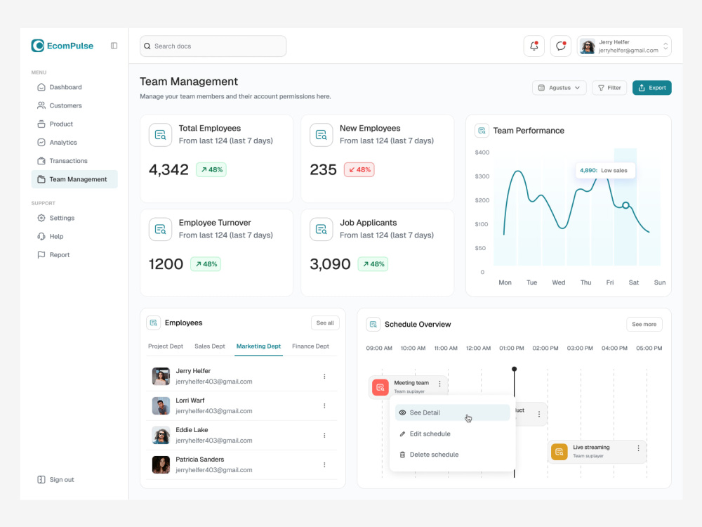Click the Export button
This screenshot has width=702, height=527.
click(651, 88)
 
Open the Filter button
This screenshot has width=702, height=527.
click(609, 88)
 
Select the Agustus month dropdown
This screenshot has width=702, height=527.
click(559, 88)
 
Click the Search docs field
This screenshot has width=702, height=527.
click(213, 46)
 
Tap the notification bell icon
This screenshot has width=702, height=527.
click(534, 46)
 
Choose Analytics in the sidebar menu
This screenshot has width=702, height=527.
click(63, 143)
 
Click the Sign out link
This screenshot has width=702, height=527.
click(62, 479)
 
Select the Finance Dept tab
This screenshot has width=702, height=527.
click(310, 346)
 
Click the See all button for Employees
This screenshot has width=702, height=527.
click(325, 323)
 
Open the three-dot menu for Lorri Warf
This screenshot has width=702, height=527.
click(324, 406)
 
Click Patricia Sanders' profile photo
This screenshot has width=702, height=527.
click(161, 464)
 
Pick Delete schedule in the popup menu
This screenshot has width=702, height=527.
click(434, 455)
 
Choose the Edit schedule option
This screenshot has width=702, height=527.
click(430, 434)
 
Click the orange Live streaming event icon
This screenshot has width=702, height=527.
click(559, 452)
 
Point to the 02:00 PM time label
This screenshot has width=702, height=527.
click(545, 349)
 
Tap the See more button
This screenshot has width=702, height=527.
click(644, 325)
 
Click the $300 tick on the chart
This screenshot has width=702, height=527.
click(482, 176)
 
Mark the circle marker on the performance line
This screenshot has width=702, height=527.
click(625, 205)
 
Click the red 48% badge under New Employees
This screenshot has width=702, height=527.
click(359, 170)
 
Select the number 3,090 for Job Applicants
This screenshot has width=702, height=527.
click(330, 264)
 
